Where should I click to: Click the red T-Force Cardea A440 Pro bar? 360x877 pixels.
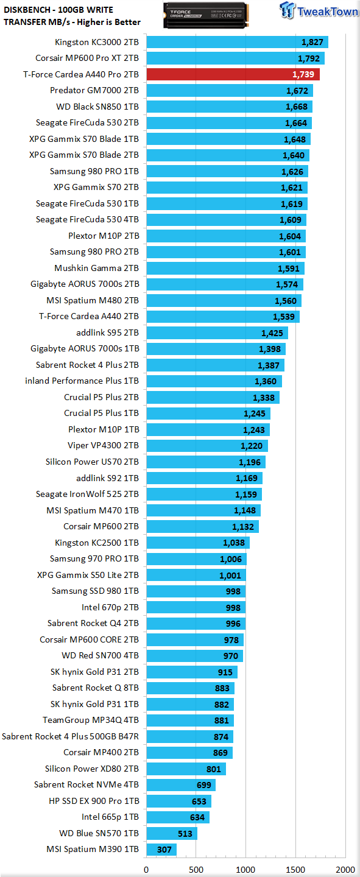[x=233, y=74]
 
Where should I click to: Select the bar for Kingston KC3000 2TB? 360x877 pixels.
[x=238, y=42]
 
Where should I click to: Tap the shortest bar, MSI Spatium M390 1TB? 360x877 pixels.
[x=161, y=849]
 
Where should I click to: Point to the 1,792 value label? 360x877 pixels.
[x=309, y=58]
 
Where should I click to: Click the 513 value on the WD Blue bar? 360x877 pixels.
[x=185, y=834]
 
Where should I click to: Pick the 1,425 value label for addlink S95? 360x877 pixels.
[x=272, y=333]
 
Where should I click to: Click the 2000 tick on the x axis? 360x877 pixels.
[x=345, y=870]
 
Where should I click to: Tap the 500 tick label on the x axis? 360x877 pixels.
[x=196, y=870]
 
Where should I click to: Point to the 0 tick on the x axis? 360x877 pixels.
[x=146, y=870]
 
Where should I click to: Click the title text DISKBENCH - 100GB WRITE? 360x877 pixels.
[x=58, y=10]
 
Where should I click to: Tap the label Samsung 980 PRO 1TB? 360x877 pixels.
[x=94, y=172]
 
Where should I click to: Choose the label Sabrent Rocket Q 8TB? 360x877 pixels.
[x=96, y=688]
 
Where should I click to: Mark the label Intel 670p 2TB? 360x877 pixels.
[x=110, y=607]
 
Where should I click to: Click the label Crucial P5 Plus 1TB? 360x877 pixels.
[x=102, y=413]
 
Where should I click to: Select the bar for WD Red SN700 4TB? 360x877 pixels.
[x=195, y=656]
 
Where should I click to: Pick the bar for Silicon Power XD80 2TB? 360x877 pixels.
[x=186, y=769]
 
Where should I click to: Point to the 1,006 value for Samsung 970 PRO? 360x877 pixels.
[x=231, y=559]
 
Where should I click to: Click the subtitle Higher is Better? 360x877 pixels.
[x=108, y=22]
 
